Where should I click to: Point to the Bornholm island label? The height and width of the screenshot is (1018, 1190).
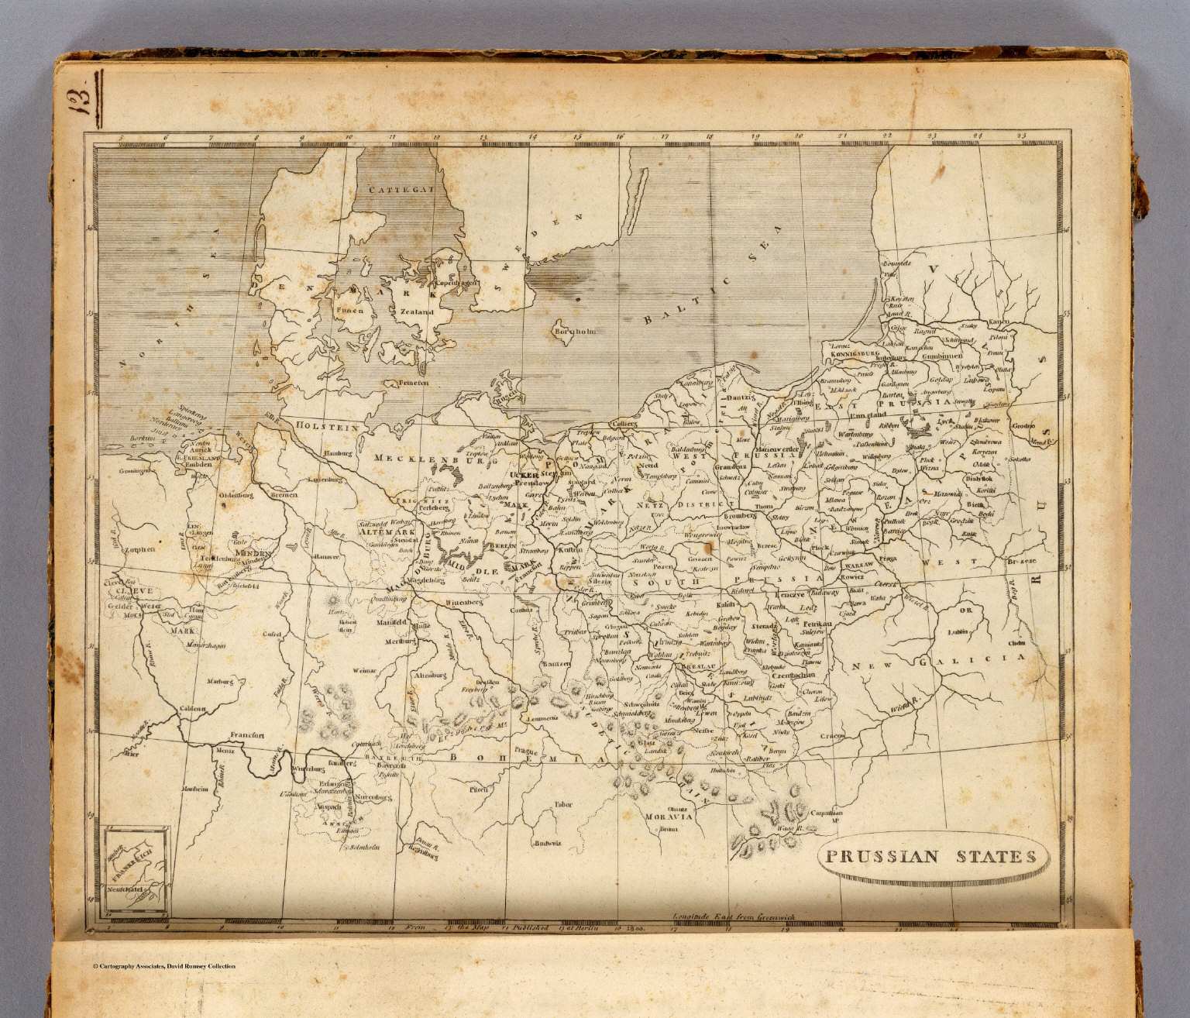tap(574, 332)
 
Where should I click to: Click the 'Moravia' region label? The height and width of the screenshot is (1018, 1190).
tap(667, 817)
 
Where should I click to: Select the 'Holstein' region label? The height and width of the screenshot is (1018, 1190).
tap(325, 427)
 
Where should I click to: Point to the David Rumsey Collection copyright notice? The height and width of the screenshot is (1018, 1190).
tap(163, 965)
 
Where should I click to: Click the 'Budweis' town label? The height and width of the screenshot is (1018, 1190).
tap(547, 843)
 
